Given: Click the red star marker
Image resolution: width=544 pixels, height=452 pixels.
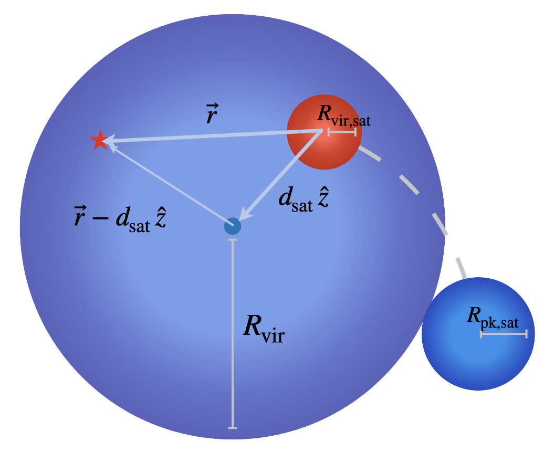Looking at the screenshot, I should [99, 140].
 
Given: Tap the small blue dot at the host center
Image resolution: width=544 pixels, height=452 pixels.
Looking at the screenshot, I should [233, 226].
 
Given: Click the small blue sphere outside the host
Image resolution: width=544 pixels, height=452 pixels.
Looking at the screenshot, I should [462, 362].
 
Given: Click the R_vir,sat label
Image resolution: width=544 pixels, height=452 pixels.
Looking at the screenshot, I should [344, 120].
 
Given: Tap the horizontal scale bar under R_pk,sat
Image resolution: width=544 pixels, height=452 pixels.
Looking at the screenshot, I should [503, 334].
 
